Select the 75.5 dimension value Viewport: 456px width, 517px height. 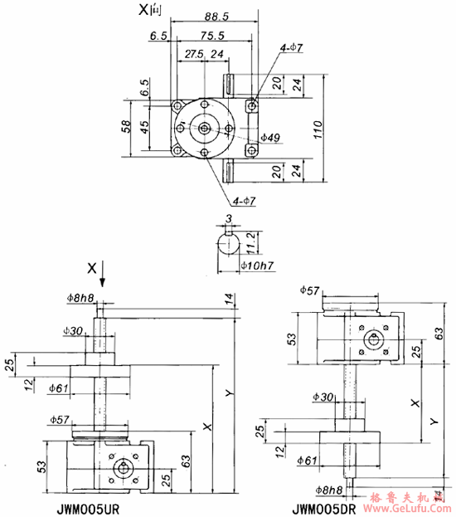tap(211, 35)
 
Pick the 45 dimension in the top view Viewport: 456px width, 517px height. tap(143, 127)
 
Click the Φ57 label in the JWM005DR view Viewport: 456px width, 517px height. tap(308, 291)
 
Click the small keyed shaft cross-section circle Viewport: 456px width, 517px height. tap(229, 246)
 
